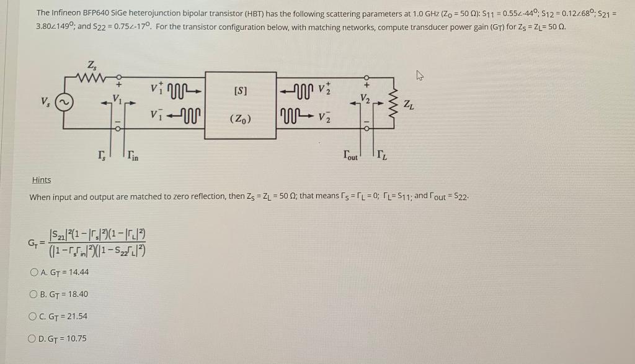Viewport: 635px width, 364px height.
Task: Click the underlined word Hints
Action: tap(42, 180)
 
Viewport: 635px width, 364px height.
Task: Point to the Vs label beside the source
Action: tap(45, 101)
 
